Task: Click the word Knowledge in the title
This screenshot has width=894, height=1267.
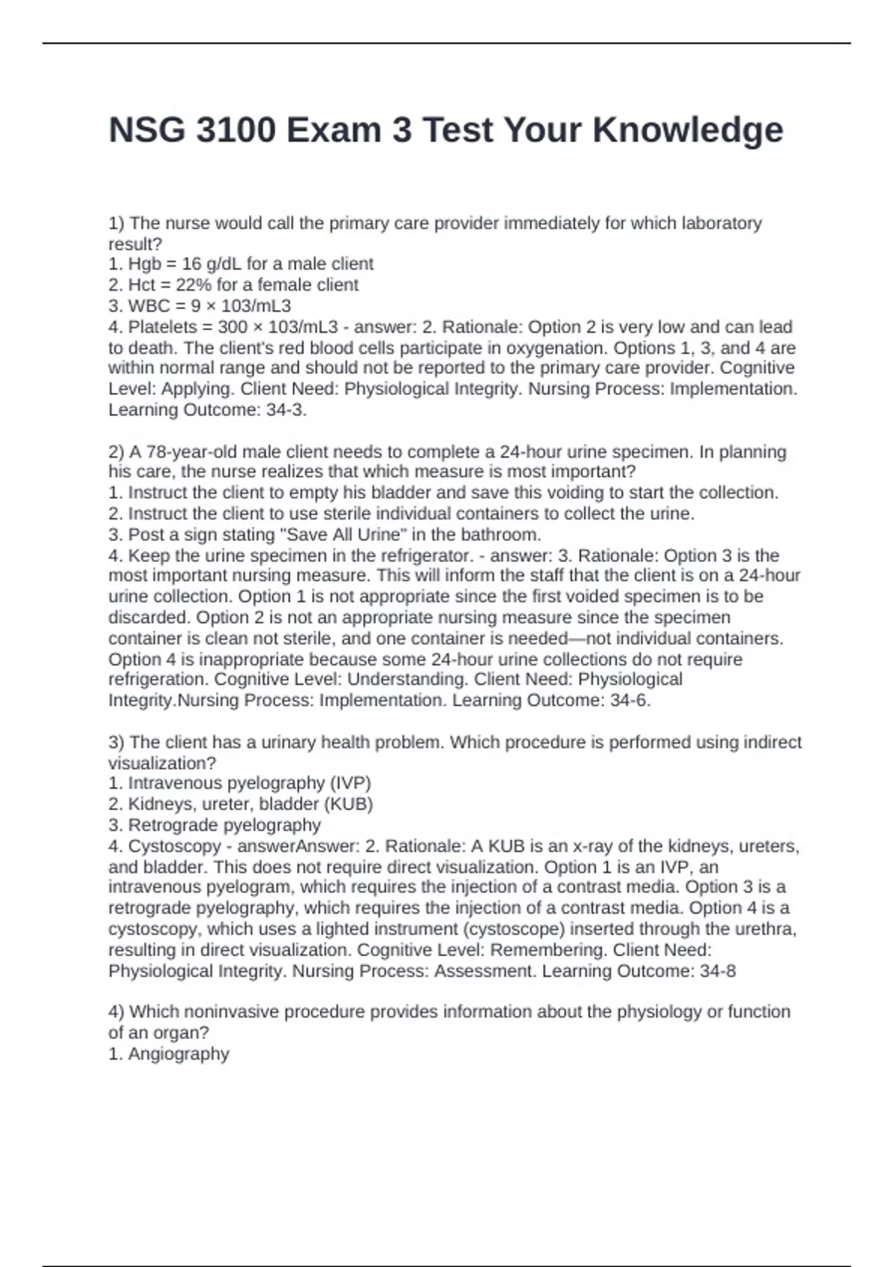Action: pos(688,130)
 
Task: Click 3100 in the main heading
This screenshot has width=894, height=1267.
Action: pos(235,130)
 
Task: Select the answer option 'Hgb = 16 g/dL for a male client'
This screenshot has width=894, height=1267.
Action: pos(250,264)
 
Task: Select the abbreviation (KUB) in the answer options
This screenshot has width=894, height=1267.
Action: pos(349,803)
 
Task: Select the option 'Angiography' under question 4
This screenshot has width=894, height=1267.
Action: pos(178,1053)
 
